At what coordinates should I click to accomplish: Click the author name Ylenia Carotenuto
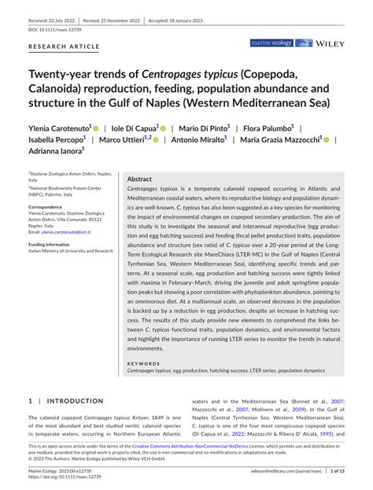point(60,127)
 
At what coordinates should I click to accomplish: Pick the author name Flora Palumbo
point(268,127)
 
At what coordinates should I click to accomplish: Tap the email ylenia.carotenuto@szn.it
point(66,233)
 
